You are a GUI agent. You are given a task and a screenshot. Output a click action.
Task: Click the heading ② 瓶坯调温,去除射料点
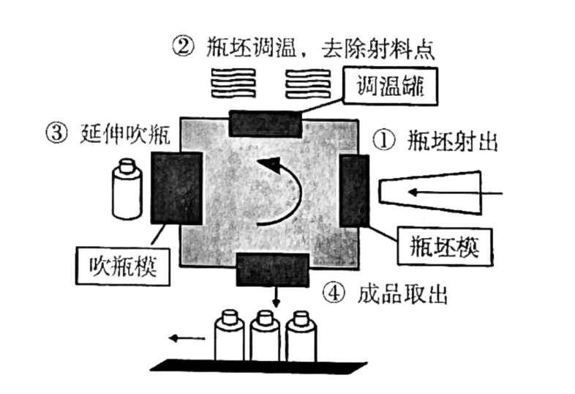[304, 48]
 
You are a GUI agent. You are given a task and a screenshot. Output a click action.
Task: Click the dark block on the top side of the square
[264, 123]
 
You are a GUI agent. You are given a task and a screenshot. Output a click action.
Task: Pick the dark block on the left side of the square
[176, 187]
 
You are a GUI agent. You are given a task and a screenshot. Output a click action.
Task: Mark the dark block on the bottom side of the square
[269, 270]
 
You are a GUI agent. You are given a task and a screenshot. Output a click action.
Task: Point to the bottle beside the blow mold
[127, 190]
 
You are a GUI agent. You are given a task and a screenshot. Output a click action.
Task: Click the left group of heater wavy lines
[233, 84]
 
